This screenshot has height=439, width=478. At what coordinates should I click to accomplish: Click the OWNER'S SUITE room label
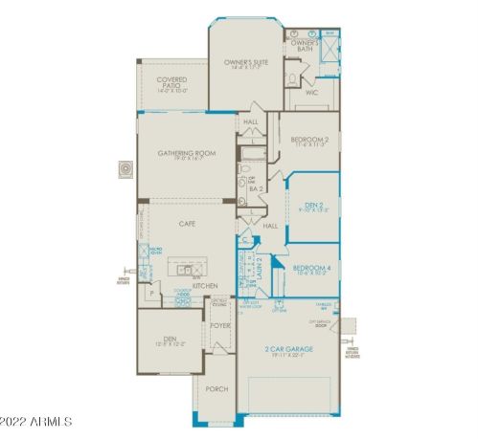(x=246, y=63)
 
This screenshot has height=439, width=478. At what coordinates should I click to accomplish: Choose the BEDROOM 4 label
(x=312, y=269)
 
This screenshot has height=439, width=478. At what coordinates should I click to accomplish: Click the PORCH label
(x=216, y=389)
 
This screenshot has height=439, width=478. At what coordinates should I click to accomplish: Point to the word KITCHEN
(x=204, y=286)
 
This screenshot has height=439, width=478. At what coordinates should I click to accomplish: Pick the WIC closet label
(x=311, y=94)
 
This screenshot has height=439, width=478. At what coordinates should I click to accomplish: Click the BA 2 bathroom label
(x=256, y=189)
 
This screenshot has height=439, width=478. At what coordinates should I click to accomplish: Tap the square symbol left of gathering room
(x=125, y=169)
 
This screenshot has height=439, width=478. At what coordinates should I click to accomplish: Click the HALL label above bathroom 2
(x=251, y=122)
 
